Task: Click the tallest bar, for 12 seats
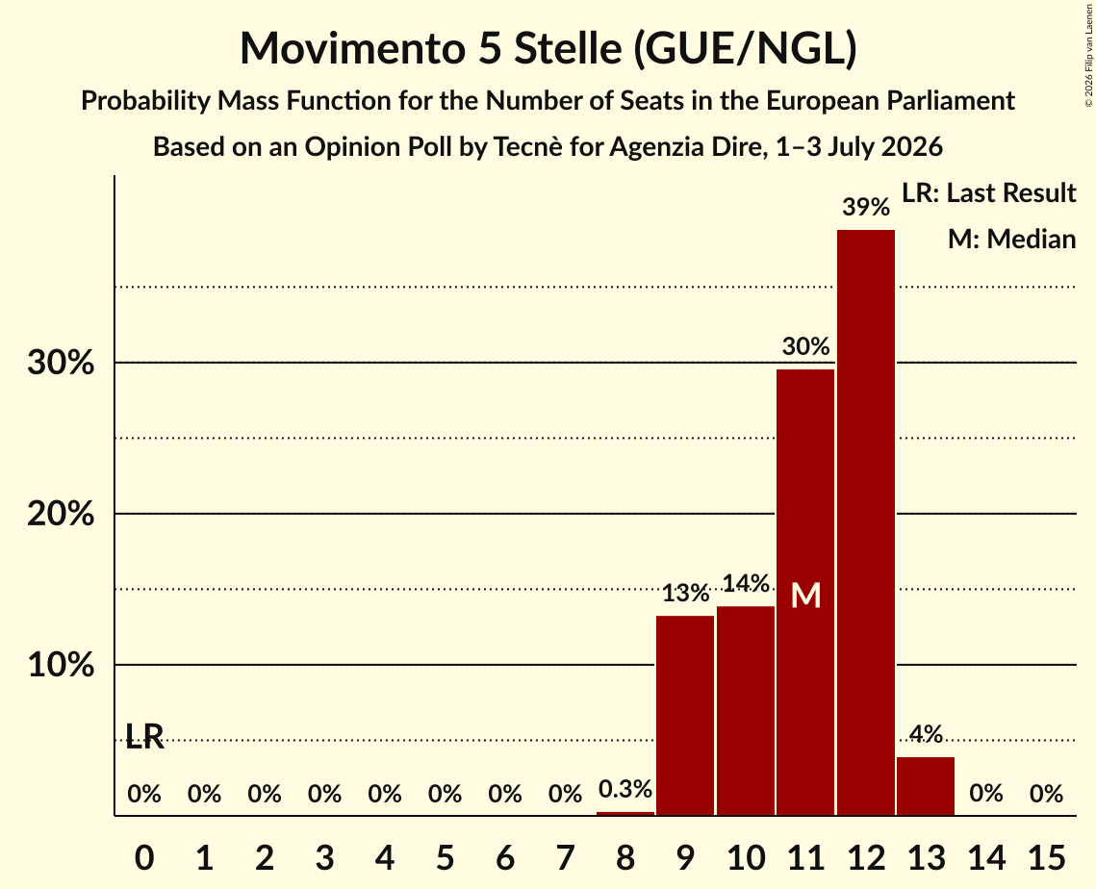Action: [x=865, y=522]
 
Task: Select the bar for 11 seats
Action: [x=805, y=592]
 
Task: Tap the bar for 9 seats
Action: [x=685, y=715]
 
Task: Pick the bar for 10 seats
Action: [x=745, y=711]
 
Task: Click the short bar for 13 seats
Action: [x=926, y=786]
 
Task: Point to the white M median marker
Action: [x=805, y=596]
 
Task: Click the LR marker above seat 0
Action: [x=144, y=736]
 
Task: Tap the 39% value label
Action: [x=866, y=207]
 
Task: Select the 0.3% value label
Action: [x=624, y=789]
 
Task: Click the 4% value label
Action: [x=926, y=734]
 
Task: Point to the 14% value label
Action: [x=746, y=583]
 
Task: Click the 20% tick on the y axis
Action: [x=61, y=515]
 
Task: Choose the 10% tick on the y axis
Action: [x=61, y=666]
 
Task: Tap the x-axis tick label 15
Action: [x=1046, y=857]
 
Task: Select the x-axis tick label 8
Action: [x=624, y=857]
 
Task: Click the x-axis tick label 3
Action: [x=324, y=857]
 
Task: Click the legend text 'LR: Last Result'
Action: [x=988, y=192]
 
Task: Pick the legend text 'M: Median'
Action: [x=1011, y=239]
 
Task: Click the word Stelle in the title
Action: [x=568, y=48]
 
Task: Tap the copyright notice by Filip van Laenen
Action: [x=1089, y=55]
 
